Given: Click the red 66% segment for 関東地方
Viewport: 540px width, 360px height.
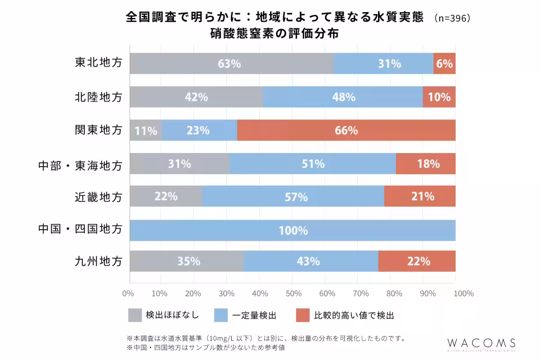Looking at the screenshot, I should [346, 130].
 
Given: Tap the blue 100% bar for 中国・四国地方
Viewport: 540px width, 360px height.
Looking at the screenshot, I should [292, 230].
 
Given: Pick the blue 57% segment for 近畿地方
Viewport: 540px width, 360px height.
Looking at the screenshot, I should [292, 196].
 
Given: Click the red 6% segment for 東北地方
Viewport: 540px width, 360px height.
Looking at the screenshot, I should [444, 63].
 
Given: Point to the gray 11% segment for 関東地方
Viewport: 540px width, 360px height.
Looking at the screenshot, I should [145, 130].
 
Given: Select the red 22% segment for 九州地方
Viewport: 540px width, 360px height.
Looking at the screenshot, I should [417, 261].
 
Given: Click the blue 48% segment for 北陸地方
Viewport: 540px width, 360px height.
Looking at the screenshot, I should [343, 97].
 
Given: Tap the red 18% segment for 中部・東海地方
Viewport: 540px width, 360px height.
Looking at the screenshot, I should [426, 164].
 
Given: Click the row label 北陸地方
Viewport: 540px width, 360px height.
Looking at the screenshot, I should [98, 97].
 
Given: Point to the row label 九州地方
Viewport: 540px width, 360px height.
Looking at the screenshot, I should [98, 261].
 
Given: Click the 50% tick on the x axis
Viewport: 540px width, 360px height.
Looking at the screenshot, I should [293, 294].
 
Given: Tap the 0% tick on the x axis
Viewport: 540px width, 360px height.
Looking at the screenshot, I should [128, 294].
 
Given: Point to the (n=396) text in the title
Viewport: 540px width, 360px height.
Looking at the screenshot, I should [452, 18].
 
